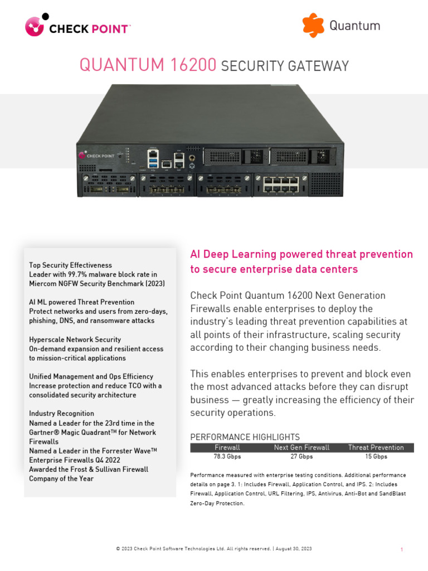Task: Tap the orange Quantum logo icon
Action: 313,26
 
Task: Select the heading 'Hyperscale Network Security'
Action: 75,340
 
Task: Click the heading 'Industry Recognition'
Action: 61,414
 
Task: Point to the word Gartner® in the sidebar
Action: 48,433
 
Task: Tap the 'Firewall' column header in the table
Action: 227,447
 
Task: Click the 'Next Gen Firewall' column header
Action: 301,447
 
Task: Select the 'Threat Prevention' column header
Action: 376,447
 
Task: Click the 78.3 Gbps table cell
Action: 227,456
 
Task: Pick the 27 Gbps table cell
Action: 301,456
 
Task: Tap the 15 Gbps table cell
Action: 376,456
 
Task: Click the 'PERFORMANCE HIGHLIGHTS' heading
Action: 245,437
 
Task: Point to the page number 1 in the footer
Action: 402,550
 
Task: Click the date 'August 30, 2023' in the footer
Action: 294,549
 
